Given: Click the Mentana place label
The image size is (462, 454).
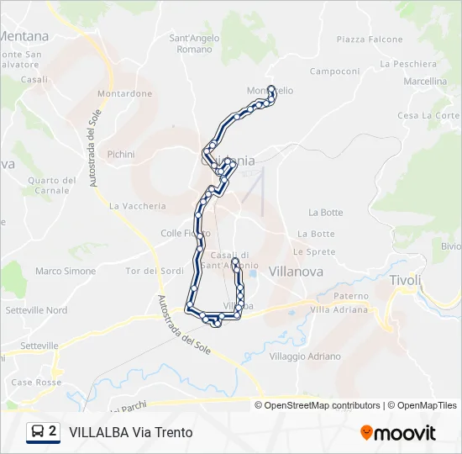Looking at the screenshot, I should coord(24,36).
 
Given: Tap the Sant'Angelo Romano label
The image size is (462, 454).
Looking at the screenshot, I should coord(195,44).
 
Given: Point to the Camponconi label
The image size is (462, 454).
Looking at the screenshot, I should coord(334,71).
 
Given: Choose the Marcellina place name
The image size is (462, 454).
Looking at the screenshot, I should coord(424,82).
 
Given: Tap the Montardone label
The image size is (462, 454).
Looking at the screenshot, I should coord(124,93).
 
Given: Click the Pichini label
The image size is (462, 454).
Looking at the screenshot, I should coord(121,154).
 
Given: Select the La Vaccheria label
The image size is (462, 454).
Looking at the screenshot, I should coord(138,205).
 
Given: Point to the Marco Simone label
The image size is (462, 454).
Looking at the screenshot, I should coord(66,271).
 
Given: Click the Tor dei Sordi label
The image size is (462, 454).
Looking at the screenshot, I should coord(155,271).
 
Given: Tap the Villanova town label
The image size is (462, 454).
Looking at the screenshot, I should coord(296,272).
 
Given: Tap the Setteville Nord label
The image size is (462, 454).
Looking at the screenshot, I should coord(36,310).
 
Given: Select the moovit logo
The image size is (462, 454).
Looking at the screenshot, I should coord(398,433).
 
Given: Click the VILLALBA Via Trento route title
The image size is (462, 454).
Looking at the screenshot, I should coord(131,433).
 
